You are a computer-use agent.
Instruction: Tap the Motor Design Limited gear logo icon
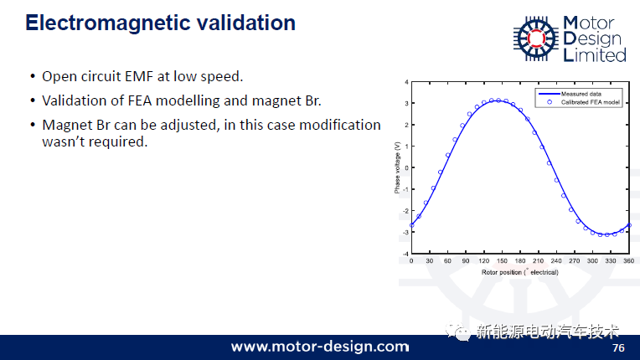[535, 39]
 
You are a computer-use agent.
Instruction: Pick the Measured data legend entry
[570, 94]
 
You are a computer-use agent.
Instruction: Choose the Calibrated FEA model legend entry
[584, 102]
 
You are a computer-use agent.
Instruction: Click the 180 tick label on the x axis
[520, 261]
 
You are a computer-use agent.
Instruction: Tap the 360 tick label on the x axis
[628, 261]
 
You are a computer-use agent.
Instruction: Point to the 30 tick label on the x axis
[430, 261]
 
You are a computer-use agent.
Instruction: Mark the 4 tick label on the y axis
[406, 82]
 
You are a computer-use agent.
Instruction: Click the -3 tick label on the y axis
[405, 232]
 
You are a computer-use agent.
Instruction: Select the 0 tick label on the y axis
[406, 167]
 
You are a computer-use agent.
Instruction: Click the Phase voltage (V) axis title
[397, 167]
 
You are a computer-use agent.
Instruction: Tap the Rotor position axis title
[519, 272]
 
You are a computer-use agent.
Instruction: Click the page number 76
[618, 347]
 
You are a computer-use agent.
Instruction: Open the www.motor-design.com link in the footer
[320, 347]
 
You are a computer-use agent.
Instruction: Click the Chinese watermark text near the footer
[547, 332]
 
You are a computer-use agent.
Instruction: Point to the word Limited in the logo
[594, 55]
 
